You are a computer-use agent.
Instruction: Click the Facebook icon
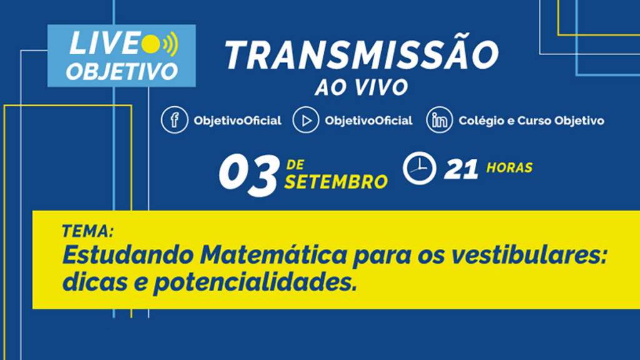(x=174, y=120)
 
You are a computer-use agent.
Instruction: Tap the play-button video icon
(x=306, y=120)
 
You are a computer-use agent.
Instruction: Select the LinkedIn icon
(x=439, y=120)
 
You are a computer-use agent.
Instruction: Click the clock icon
(x=419, y=168)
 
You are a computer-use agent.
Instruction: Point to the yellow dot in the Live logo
(x=151, y=44)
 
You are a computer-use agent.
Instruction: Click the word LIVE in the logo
(x=104, y=43)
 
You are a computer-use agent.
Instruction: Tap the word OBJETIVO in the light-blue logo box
(x=122, y=72)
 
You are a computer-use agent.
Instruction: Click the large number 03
(x=249, y=174)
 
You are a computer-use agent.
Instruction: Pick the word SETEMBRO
(x=336, y=182)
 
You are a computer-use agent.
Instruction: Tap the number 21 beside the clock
(x=461, y=169)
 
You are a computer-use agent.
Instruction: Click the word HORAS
(x=509, y=167)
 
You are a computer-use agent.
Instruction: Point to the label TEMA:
(x=87, y=231)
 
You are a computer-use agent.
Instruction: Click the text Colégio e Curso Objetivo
(x=531, y=121)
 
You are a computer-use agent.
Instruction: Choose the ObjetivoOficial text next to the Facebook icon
(x=237, y=121)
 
